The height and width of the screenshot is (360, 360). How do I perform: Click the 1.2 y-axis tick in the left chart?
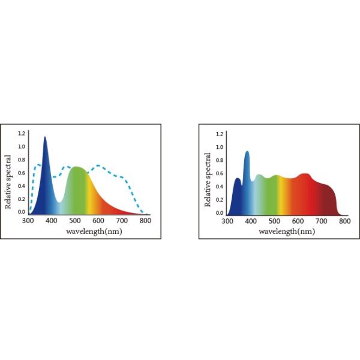(22, 133)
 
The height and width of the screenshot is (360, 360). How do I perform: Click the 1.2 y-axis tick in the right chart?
(220, 134)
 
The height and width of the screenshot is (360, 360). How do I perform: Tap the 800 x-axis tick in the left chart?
(146, 221)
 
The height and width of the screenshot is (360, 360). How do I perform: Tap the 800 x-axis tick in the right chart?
(344, 221)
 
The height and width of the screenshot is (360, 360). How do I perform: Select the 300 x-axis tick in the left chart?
(28, 221)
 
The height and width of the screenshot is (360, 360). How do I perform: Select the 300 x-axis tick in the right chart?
(227, 221)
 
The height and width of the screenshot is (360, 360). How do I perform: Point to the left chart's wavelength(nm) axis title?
(94, 231)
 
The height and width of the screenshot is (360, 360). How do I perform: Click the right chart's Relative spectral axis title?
(208, 179)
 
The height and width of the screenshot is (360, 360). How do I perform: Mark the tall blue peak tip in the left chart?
(44, 137)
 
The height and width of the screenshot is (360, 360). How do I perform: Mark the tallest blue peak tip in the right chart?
(247, 152)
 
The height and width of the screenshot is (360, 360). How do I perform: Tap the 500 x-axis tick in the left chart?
(75, 221)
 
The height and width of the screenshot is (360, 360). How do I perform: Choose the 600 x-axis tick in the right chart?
(298, 221)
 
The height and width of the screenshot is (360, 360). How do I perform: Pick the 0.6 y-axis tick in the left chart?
(22, 173)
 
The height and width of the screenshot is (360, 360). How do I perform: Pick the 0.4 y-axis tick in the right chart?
(220, 187)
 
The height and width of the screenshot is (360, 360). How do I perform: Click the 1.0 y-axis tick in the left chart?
(22, 146)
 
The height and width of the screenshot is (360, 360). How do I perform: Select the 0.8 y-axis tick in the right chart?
(220, 160)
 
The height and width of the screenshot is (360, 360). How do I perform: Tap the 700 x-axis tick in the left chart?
(122, 221)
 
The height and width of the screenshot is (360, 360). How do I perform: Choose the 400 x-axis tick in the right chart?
(251, 221)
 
